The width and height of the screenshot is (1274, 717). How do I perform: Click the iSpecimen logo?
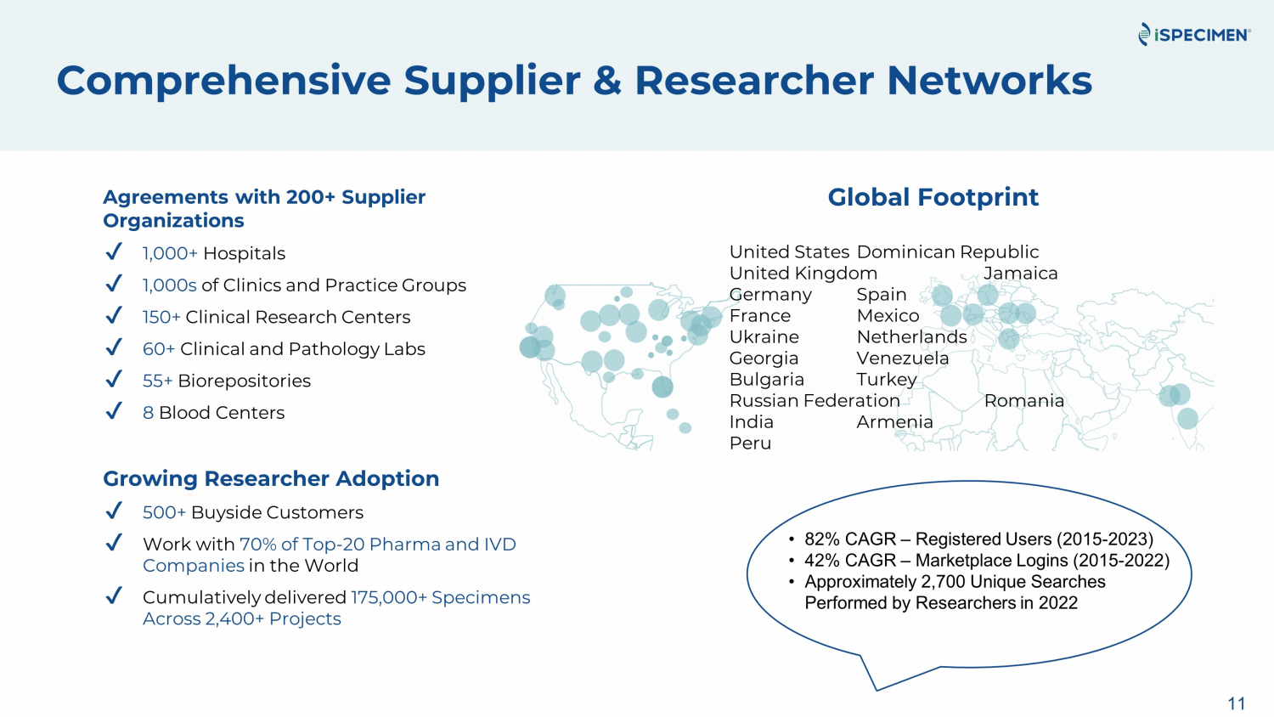point(1194,35)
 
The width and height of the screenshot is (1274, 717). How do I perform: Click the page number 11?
point(1237,703)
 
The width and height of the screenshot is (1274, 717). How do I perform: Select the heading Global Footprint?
point(933,198)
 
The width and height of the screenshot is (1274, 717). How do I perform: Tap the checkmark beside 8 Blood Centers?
point(114,412)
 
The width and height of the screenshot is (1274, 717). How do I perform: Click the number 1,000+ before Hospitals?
point(170,253)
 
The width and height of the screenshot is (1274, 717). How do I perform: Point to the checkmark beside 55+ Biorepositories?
point(114,380)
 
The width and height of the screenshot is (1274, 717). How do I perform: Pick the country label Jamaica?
point(1020,274)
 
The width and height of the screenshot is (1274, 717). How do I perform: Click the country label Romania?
point(1023,401)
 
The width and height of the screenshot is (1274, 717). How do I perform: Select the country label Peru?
point(750,443)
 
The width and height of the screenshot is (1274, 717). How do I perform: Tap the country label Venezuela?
point(902,358)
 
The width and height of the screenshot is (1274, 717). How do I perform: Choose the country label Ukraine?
point(764,337)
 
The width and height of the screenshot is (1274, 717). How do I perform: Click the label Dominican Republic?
point(947,252)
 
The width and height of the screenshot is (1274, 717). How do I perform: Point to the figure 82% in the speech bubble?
point(821,539)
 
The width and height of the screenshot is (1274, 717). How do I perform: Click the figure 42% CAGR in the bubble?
point(849,561)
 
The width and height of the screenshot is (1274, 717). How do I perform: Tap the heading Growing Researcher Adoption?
point(271,479)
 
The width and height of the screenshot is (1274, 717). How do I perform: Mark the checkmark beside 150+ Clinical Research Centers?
point(114,316)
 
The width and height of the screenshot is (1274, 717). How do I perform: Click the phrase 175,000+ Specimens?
point(440,597)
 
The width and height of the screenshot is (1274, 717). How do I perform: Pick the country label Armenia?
point(894,422)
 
